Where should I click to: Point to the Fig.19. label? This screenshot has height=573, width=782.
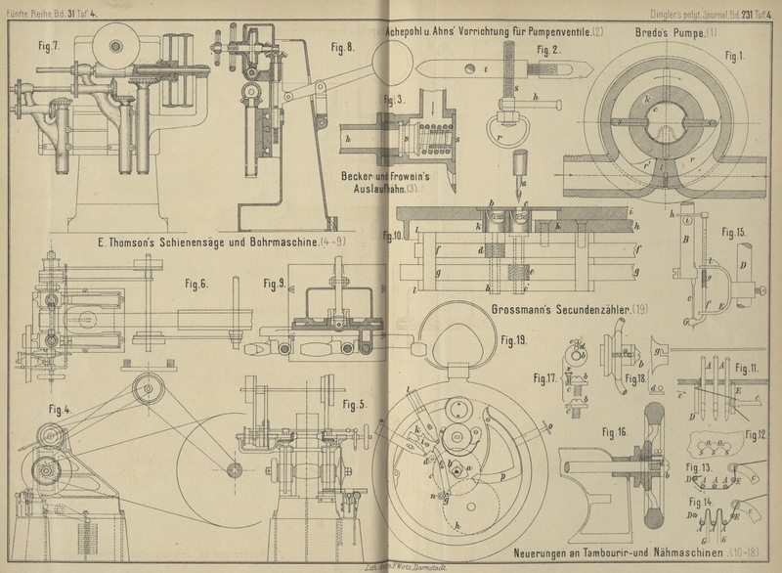coord(513,340)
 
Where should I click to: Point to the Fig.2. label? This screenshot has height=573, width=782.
coord(548,49)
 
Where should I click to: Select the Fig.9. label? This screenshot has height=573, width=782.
coord(274,284)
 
